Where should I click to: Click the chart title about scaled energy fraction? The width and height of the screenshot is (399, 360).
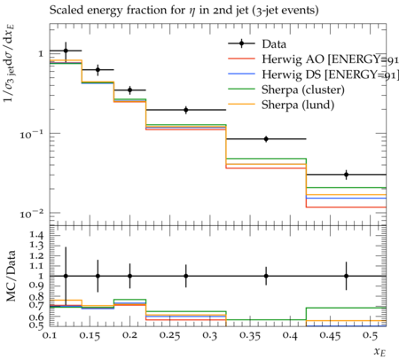click(184, 11)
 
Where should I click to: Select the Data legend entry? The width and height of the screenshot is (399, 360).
click(257, 44)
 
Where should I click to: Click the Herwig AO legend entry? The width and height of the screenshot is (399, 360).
click(313, 59)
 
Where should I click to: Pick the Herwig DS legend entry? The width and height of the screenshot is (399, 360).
click(313, 74)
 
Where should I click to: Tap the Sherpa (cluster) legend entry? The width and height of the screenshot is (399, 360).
click(286, 90)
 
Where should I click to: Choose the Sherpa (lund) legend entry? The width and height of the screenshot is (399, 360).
click(281, 105)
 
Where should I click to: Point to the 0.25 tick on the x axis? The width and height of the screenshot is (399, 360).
click(169, 335)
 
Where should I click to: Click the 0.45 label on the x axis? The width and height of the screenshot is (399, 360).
click(330, 335)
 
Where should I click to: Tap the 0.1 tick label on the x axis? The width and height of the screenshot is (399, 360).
click(49, 335)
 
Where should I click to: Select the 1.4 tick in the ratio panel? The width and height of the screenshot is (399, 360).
click(36, 236)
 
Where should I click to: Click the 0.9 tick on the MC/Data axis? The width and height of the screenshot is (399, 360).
click(36, 286)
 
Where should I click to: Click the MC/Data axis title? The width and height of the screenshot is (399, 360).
click(11, 276)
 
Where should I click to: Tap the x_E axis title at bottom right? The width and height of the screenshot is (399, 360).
click(379, 352)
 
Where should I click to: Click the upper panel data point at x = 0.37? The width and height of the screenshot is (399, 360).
click(266, 139)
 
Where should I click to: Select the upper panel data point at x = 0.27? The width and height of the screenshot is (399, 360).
click(186, 110)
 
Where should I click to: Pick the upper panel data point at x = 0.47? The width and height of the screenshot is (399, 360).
click(346, 175)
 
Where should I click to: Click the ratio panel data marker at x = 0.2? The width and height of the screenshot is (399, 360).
click(129, 276)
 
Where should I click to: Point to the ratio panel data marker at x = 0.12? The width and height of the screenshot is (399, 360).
click(66, 276)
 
